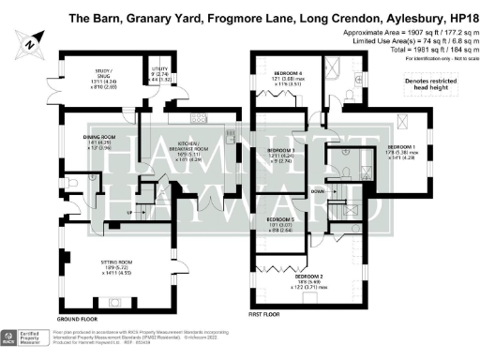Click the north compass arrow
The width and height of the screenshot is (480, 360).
tap(31, 40)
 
